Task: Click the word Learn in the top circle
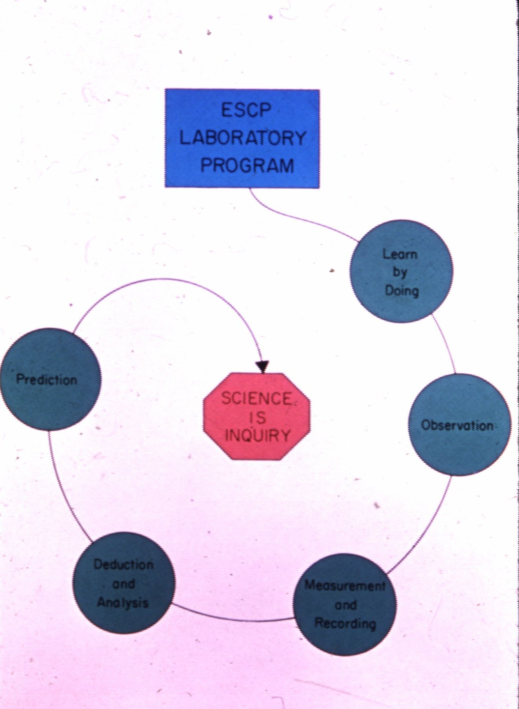400,254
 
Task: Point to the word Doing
402,290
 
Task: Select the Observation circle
459,425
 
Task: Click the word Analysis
123,602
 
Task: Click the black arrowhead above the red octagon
262,367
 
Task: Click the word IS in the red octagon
256,417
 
